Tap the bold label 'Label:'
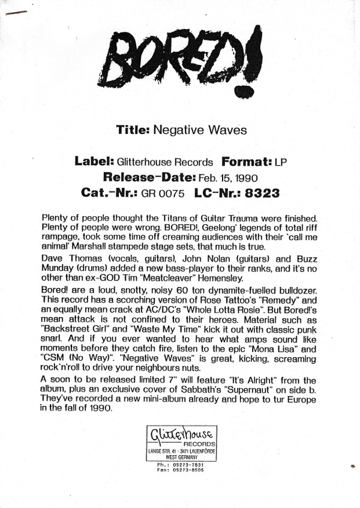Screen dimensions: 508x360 94,162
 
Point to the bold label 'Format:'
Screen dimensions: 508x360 247,162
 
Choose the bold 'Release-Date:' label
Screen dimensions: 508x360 147,178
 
